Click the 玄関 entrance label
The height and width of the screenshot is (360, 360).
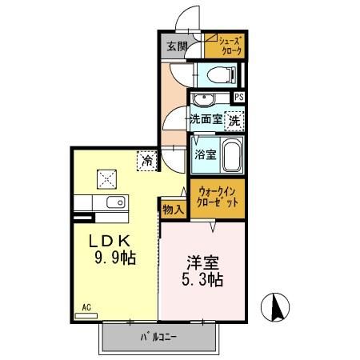tap(177, 46)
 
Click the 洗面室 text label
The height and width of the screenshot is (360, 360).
tap(206, 120)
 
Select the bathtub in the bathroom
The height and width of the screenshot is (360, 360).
tap(232, 154)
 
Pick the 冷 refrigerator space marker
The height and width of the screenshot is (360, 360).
tap(147, 160)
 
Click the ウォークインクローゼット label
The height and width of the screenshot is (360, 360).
tap(218, 197)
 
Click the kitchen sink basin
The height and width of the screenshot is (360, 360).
tap(113, 202)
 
